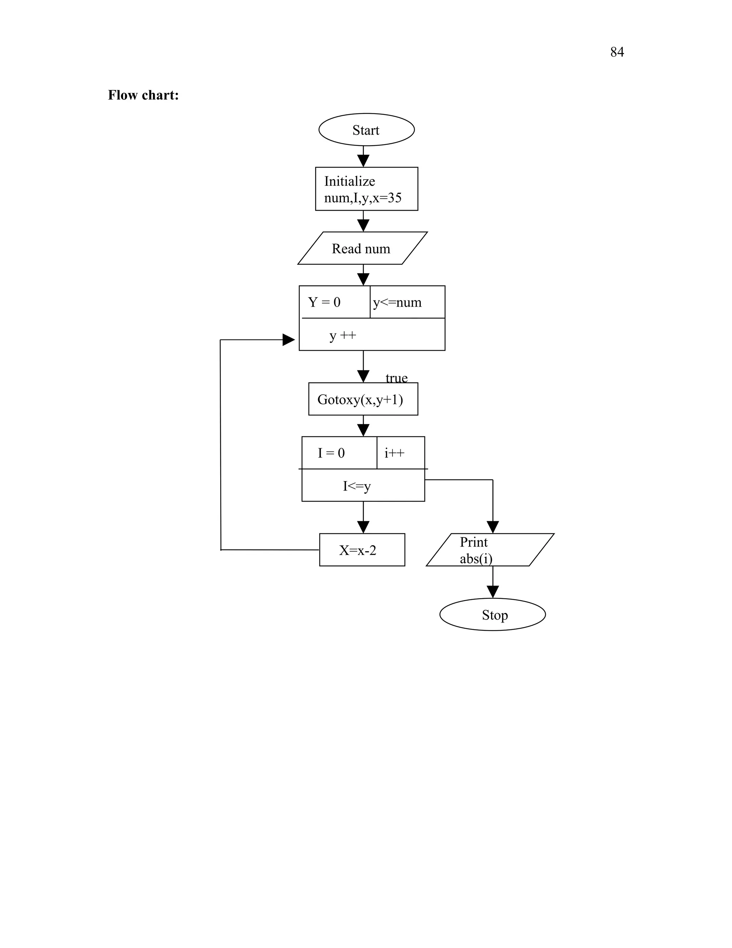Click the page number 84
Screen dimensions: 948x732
tap(617, 52)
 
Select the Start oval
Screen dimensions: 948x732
tap(366, 130)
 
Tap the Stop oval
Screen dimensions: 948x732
tap(492, 615)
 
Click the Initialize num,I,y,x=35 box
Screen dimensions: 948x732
tap(366, 189)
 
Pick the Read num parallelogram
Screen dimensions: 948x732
tap(362, 248)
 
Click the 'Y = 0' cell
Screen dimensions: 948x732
tap(334, 302)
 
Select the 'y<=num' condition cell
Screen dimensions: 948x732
tap(407, 302)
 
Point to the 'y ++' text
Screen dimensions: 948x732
tap(342, 335)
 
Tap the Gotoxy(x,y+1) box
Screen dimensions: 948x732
tap(363, 399)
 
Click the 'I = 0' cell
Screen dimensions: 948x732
tap(339, 453)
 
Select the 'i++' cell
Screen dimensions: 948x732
tap(400, 453)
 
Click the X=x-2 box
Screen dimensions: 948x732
tap(362, 550)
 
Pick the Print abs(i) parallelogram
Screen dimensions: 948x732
tap(490, 550)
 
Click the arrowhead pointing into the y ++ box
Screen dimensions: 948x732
tap(288, 340)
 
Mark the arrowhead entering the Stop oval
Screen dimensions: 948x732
tap(493, 592)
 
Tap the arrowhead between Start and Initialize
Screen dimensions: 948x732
tap(363, 160)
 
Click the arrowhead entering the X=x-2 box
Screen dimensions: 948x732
tap(363, 527)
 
